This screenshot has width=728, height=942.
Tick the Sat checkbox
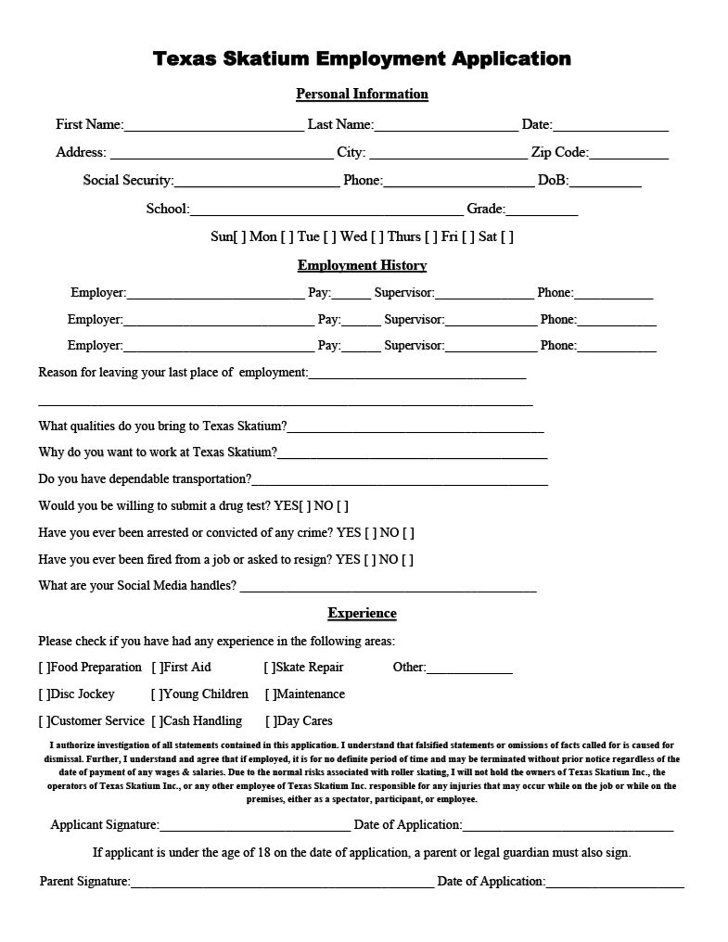[x=507, y=237]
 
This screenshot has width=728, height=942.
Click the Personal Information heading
[x=362, y=94]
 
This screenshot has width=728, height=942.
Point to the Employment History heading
[x=362, y=266]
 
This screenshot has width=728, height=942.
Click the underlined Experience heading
[x=362, y=614]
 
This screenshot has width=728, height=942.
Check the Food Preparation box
[x=44, y=668]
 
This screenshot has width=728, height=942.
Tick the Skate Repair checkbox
[x=270, y=668]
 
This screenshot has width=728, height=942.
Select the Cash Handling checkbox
[x=158, y=721]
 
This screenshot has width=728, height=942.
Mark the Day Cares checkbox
[x=271, y=721]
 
